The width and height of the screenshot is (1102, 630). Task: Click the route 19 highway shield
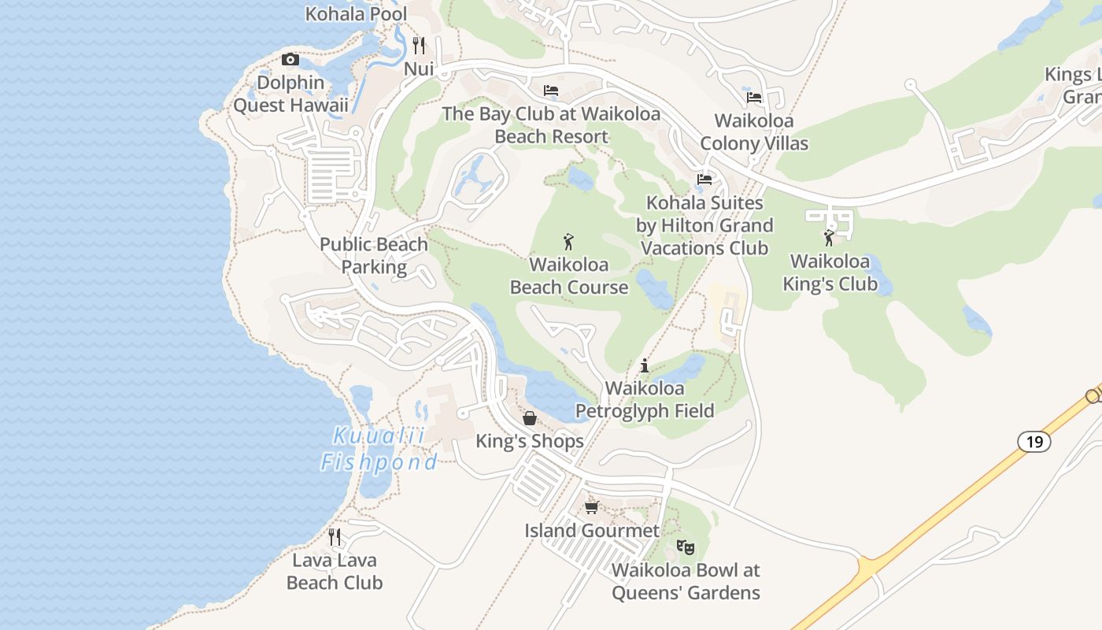[x=1034, y=442]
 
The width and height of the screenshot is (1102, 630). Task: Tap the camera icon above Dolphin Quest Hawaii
[x=290, y=60]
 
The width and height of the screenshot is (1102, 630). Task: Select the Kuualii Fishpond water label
[x=379, y=449]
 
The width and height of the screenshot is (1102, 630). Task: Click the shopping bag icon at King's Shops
[x=530, y=418]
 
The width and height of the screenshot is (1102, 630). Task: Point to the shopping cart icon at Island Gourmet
[x=591, y=507]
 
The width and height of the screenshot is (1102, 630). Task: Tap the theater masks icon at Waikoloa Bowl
[x=686, y=547]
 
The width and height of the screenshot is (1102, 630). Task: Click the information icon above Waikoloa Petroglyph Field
[x=645, y=365]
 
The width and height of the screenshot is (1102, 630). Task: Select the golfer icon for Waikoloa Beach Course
[x=568, y=242]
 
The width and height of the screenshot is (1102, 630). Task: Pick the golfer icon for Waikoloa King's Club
[x=829, y=238]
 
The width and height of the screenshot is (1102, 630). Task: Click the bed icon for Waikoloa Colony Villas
[x=754, y=98]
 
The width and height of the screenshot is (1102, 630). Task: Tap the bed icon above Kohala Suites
[x=704, y=180]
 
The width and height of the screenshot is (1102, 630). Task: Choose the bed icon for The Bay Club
[x=551, y=91]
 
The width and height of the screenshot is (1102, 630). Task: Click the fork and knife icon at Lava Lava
[x=335, y=537]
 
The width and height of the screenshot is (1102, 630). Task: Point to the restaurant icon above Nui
[x=419, y=46]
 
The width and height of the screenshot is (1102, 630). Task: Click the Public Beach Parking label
[x=374, y=256]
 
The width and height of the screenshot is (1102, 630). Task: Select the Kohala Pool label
[x=356, y=13]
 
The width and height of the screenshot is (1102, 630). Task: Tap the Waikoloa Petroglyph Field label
[x=645, y=399]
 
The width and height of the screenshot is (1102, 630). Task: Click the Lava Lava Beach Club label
[x=335, y=572]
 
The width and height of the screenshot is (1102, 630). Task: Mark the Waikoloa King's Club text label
[x=830, y=272]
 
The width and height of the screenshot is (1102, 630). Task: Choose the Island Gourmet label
[x=592, y=531]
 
